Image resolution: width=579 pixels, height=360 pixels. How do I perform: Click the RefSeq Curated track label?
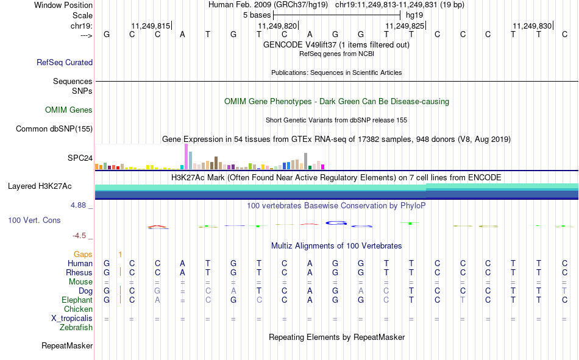(x=65, y=62)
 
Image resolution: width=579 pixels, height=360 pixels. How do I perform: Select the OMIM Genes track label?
(x=69, y=110)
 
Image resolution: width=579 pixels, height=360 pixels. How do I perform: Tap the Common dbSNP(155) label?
(x=54, y=129)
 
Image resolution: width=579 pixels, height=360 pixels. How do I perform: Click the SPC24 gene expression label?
(x=80, y=158)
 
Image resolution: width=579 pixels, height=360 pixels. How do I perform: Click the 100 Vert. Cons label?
(x=34, y=220)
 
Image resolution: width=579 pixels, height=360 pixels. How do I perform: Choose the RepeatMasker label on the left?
(x=67, y=346)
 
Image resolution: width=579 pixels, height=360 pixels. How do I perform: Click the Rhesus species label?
(x=80, y=272)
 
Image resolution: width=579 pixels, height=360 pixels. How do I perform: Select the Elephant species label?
(x=77, y=300)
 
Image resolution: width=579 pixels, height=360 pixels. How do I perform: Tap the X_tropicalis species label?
(x=72, y=319)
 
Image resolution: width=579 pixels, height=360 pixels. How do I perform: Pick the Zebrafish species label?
(x=76, y=328)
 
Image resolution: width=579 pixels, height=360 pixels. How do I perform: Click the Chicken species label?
(x=79, y=309)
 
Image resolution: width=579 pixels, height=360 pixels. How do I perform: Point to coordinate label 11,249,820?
(x=277, y=26)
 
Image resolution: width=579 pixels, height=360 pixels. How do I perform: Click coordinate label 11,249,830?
(x=532, y=26)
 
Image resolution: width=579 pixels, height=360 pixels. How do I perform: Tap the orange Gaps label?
(x=83, y=254)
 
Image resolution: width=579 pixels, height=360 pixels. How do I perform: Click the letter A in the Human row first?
(x=182, y=263)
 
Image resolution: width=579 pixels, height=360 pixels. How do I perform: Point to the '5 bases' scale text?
(x=253, y=15)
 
